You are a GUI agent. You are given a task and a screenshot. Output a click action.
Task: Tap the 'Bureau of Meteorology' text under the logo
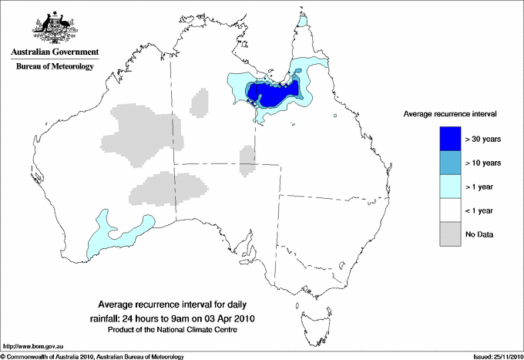(x=55, y=66)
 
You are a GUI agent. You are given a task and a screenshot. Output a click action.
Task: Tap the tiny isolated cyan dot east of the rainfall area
(x=336, y=116)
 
